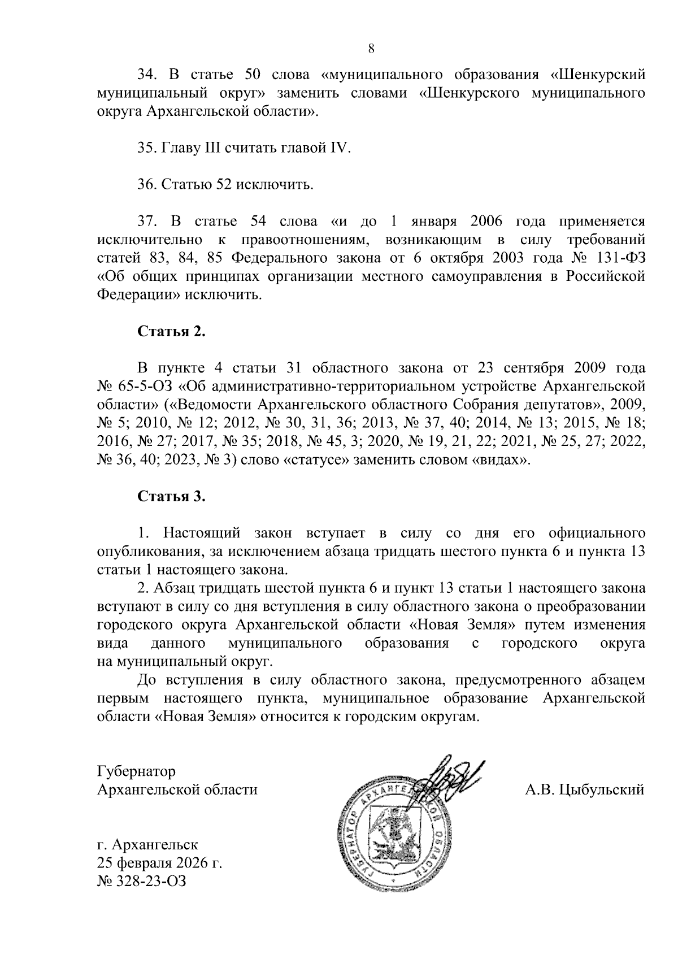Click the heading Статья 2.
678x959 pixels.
point(172,332)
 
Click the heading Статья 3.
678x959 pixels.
point(172,497)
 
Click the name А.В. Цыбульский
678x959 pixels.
point(585,789)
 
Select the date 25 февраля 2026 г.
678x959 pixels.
point(160,863)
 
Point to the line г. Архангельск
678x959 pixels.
point(147,845)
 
